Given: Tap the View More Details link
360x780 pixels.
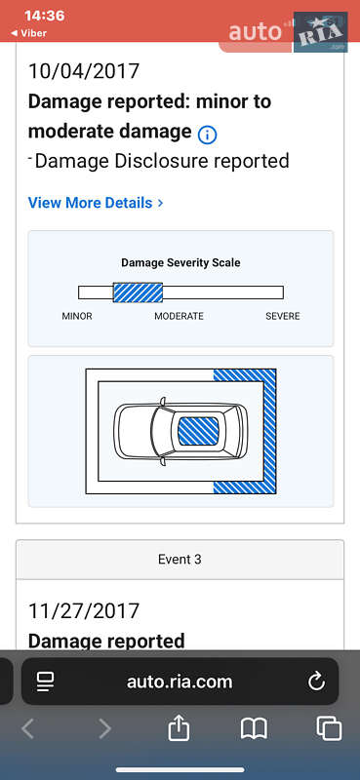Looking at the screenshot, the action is pos(96,203).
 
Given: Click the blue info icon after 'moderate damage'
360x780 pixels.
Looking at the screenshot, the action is pos(207,135).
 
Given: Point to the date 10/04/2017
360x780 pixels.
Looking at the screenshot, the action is pos(84,71).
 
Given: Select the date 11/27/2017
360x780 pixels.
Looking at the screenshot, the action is pos(84,611).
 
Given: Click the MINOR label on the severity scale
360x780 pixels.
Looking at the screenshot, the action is pos(77,316).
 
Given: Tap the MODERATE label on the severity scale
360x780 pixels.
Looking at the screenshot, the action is pos(179,316).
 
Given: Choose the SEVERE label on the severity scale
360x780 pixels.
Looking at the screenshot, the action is pos(283,316).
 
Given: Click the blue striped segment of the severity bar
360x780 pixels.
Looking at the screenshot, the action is pos(138,292).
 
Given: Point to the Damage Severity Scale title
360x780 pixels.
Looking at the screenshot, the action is pos(180,262).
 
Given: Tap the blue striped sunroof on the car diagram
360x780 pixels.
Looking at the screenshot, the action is pos(198,431).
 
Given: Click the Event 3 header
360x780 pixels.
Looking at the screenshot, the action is pos(180,559).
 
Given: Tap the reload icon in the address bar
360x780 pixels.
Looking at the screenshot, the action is pos(316,682).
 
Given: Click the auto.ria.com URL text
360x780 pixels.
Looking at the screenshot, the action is pos(180,682).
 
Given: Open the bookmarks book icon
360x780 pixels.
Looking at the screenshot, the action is pos(254,728).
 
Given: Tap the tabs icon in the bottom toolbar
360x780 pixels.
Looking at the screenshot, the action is pos(329,728).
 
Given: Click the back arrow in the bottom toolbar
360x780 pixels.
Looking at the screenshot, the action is pos(28,728).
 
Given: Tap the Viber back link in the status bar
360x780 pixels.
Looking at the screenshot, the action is pos(29,33).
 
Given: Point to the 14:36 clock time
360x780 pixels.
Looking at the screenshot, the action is pos(44,16).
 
